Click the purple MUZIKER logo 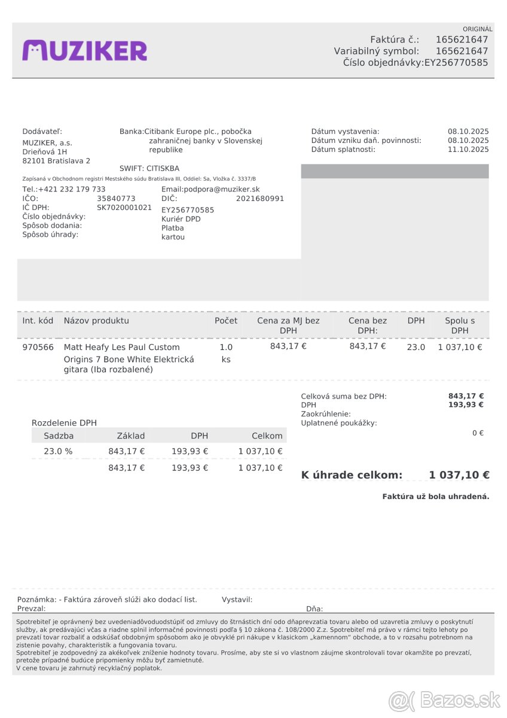pos(84,51)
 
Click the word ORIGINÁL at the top pos(477,29)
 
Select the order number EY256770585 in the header pos(456,62)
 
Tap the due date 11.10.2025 pos(468,150)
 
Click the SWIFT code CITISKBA pos(163,169)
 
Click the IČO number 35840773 pos(116,199)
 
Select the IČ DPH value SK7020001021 pos(124,208)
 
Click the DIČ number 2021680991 pos(260,199)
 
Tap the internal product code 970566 pos(38,347)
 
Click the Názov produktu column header pos(96,321)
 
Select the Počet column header pos(226,321)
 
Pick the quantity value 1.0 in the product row pos(226,347)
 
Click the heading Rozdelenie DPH pos(64,423)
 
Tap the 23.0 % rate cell pos(58,451)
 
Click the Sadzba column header pos(59,436)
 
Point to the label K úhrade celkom pos(352,475)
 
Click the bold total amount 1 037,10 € pos(459,475)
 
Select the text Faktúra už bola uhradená pos(436,497)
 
